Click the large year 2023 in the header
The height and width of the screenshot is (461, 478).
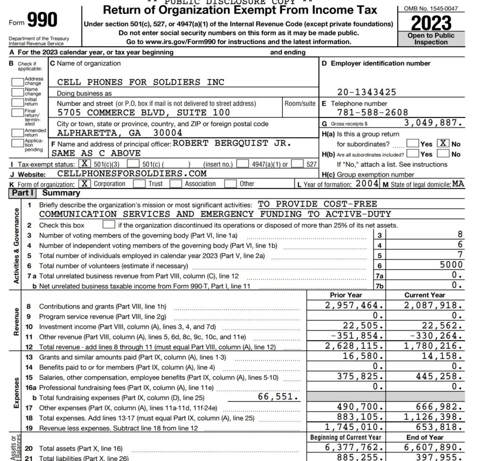[x=431, y=22]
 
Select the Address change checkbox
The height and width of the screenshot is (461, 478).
[x=18, y=81]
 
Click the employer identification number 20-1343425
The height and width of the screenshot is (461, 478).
[x=366, y=92]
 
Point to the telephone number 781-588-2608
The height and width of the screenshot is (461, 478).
[x=373, y=112]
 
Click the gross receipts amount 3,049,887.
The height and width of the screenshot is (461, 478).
[x=434, y=123]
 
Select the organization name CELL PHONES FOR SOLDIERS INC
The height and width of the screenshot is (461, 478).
[x=141, y=82]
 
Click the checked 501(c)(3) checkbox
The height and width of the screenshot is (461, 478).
[x=84, y=164]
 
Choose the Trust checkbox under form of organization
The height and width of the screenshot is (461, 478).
[x=139, y=184]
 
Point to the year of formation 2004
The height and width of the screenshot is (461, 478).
[x=367, y=183]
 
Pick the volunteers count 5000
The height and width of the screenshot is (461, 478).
[x=451, y=265]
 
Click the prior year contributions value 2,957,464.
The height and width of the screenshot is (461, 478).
[x=355, y=306]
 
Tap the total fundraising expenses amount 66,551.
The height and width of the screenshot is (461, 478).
[x=278, y=397]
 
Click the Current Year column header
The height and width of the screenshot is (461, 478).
[x=425, y=295]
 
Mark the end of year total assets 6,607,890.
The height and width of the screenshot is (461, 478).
[x=434, y=448]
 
